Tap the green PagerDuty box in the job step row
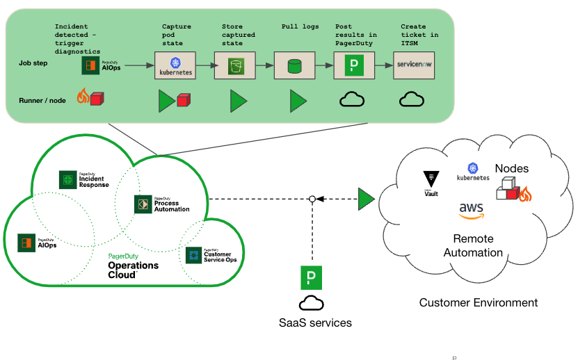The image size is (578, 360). pos(354,66)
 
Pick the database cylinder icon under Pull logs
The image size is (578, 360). pos(294,66)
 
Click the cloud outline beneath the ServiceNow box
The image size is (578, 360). pos(412,100)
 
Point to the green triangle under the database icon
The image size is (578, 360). pos(298,101)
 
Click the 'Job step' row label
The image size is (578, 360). pos(33,63)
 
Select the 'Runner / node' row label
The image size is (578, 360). pos(42,100)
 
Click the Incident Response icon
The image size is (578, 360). pos(67,179)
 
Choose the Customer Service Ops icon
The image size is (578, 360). pos(194,255)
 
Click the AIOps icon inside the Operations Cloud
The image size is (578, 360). pos(26,243)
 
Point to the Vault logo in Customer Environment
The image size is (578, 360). pos(431,181)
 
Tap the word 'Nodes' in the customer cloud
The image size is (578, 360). pos(511,168)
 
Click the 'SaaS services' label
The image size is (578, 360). pos(315,322)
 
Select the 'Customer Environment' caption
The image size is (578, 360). pos(478,302)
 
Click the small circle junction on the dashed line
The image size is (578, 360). pos(312,199)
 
